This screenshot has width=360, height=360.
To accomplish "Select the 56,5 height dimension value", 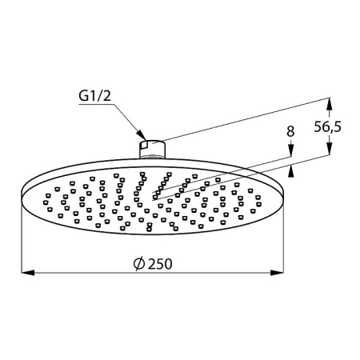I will pos(344,126).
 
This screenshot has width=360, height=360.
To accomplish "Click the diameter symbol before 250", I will pos(138,263).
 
